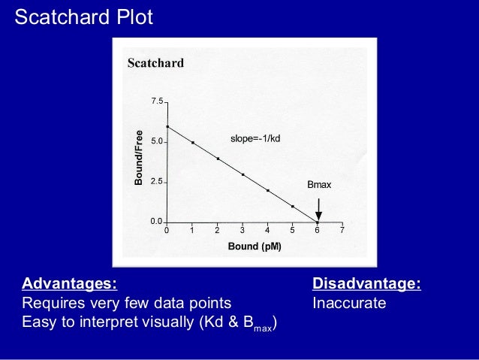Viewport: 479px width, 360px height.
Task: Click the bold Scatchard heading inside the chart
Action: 155,62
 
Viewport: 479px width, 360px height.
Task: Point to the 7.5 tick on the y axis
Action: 157,101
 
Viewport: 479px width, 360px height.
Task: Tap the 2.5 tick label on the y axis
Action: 157,181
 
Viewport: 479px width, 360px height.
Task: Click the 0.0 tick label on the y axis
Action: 157,221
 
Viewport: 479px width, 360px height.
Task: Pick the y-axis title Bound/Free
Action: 138,158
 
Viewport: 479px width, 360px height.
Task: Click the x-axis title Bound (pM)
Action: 255,247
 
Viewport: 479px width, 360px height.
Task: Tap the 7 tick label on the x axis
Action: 342,231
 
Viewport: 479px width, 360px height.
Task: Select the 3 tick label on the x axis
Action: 242,231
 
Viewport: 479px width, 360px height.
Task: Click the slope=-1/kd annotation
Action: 255,139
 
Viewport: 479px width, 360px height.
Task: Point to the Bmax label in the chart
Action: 319,184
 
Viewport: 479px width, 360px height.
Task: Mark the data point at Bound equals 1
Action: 192,143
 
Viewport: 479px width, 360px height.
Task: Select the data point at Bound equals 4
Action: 267,191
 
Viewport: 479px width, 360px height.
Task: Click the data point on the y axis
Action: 167,127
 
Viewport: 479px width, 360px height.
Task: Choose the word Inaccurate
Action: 349,303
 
